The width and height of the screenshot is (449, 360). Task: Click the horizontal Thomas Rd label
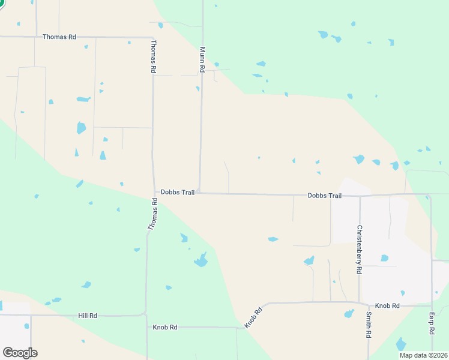[59, 37]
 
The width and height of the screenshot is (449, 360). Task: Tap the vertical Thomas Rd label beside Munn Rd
[154, 57]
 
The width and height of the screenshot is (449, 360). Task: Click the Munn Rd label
[203, 60]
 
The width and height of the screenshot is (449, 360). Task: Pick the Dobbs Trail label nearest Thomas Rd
[177, 193]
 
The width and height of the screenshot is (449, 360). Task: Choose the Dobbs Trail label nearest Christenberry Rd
[324, 196]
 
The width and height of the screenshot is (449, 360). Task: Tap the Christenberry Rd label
[359, 250]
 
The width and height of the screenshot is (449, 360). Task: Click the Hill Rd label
[87, 316]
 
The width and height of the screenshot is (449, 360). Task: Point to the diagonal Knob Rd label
[253, 318]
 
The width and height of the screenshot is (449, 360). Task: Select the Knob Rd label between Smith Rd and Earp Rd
[387, 306]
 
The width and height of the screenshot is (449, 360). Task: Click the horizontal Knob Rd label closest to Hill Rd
[164, 328]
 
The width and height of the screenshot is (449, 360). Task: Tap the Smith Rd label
[368, 324]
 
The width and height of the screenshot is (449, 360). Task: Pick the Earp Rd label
[431, 323]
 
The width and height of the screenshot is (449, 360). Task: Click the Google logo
[20, 353]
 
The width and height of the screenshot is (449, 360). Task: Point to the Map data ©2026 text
[423, 355]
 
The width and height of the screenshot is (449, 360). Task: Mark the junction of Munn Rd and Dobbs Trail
[200, 193]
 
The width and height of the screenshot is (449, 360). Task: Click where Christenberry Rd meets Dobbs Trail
[360, 196]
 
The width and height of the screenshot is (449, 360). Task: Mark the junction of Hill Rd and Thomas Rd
[145, 314]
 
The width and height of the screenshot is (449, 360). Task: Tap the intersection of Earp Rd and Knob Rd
[432, 305]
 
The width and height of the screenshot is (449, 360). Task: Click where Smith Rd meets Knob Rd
[368, 304]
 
